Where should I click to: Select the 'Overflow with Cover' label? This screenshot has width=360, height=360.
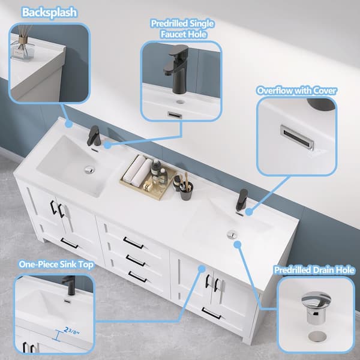pyautogui.click(x=296, y=91)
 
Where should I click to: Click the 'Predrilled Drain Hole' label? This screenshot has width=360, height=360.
pyautogui.click(x=314, y=271)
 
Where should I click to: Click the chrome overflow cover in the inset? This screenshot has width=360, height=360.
pyautogui.click(x=296, y=136)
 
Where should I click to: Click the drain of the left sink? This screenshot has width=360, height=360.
pyautogui.click(x=89, y=170)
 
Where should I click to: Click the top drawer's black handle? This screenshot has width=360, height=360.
pyautogui.click(x=133, y=243)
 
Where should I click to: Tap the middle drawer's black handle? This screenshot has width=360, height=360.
pyautogui.click(x=135, y=260)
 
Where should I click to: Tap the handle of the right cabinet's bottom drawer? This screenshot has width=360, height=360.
pyautogui.click(x=211, y=313)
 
